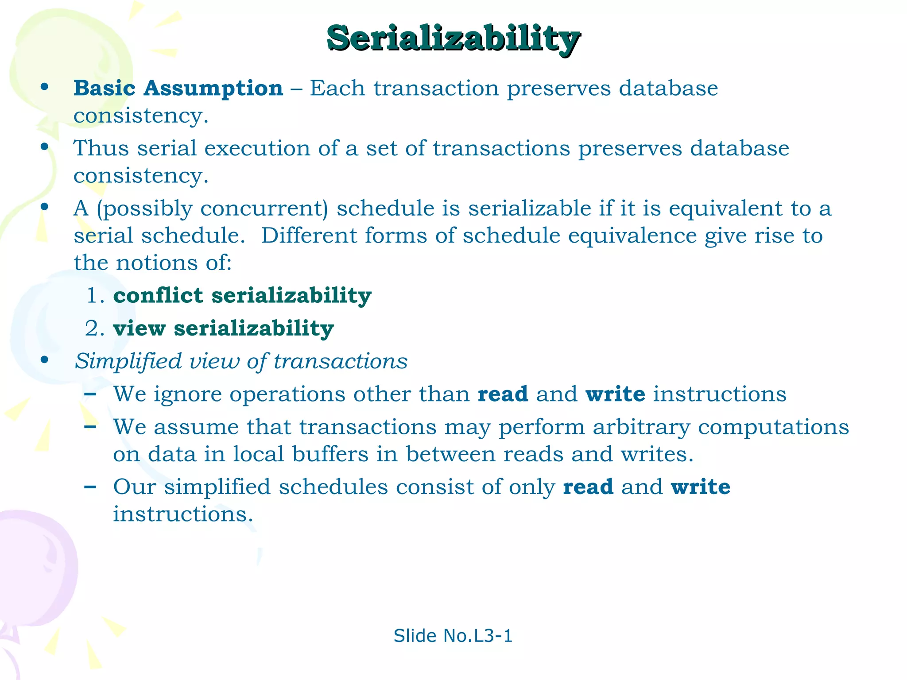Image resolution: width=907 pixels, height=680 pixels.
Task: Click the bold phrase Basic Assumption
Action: (178, 88)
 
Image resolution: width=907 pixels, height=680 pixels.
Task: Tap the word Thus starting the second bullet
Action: (101, 148)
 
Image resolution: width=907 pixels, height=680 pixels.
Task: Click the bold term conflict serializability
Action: (242, 295)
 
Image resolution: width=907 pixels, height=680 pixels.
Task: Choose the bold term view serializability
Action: (223, 328)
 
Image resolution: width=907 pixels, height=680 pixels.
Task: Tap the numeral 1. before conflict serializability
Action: (95, 296)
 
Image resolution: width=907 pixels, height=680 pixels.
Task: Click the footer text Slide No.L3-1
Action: (453, 636)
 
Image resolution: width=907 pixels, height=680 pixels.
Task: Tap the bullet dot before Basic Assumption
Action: (44, 87)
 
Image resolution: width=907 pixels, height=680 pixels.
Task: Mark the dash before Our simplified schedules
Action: (90, 487)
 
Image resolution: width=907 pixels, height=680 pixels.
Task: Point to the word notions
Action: (156, 263)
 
